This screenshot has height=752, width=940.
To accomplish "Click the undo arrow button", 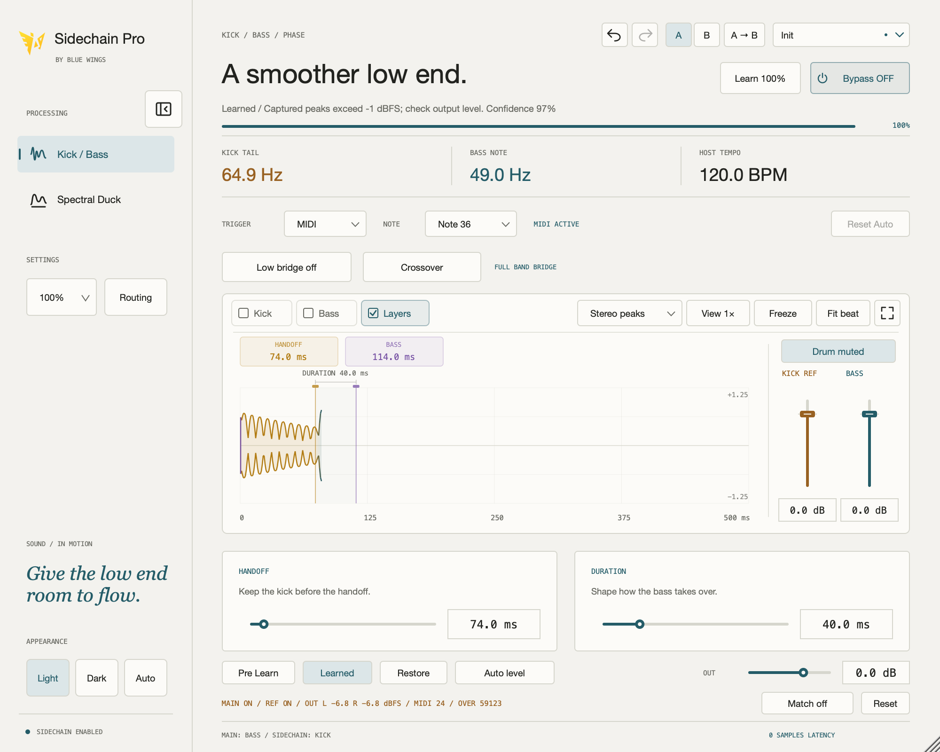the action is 614,35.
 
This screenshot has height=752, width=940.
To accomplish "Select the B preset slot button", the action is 706,35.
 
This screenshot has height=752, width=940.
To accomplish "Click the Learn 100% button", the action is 760,78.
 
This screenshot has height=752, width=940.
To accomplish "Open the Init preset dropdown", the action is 841,35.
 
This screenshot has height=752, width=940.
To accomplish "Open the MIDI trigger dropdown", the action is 325,224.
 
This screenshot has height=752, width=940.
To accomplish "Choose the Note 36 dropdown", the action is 470,224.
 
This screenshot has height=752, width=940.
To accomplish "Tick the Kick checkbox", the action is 243,313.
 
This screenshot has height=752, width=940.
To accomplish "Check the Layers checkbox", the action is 373,313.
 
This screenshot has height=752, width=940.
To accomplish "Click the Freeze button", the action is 783,313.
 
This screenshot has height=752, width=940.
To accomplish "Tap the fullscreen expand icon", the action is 887,313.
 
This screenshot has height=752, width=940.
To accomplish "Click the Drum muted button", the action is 838,352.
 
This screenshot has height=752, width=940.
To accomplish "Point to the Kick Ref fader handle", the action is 807,414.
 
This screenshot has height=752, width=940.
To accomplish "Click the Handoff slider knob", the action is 264,624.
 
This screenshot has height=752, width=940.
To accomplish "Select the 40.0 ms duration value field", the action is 846,624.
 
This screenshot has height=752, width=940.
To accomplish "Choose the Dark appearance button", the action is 97,678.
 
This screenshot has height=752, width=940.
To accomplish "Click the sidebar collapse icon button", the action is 164,109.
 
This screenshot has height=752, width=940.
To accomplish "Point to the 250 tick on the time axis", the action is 497,517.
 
